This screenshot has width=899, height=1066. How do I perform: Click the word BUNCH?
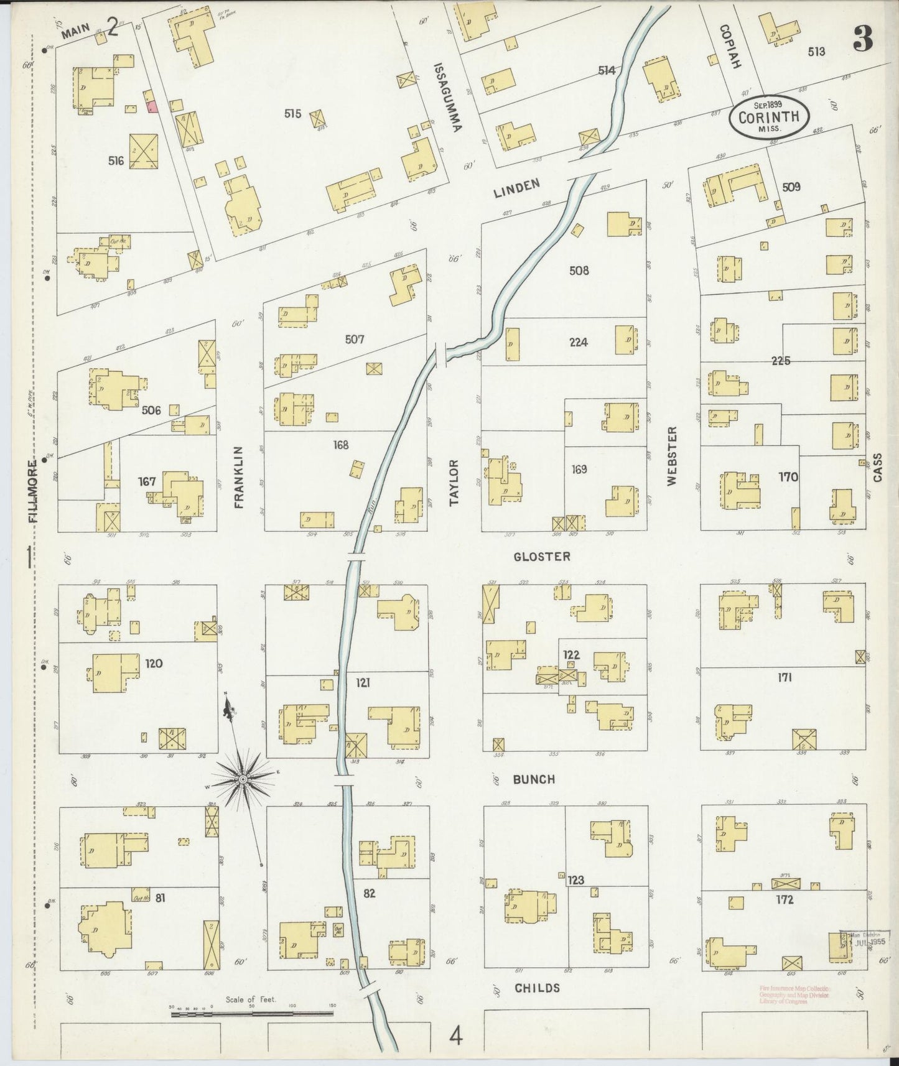pyautogui.click(x=534, y=779)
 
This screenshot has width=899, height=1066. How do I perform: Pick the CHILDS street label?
pyautogui.click(x=537, y=988)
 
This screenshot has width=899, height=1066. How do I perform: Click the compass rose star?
pyautogui.click(x=243, y=778)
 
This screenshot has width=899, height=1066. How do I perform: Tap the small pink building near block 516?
pyautogui.click(x=151, y=107)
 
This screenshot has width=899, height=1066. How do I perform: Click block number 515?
pyautogui.click(x=292, y=114)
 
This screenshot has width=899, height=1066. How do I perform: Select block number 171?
pyautogui.click(x=784, y=677)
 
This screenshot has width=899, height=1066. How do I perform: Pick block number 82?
pyautogui.click(x=370, y=893)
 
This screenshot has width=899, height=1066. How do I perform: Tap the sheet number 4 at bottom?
pyautogui.click(x=456, y=1037)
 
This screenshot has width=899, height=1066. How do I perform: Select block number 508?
pyautogui.click(x=579, y=271)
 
